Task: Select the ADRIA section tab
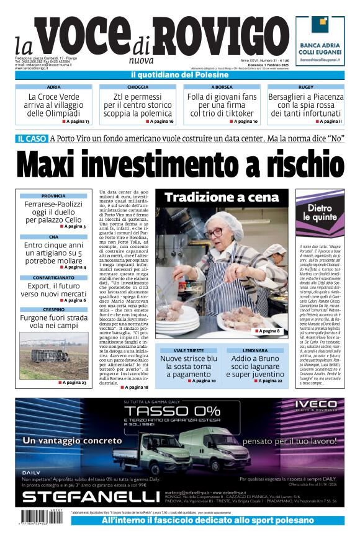click(x=54, y=87)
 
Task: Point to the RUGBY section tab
click(x=305, y=87)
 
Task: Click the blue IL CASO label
click(x=32, y=138)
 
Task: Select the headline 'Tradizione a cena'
click(x=222, y=198)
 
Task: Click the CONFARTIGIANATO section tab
click(x=54, y=277)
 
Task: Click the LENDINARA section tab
click(x=254, y=350)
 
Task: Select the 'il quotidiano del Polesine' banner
click(x=179, y=75)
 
